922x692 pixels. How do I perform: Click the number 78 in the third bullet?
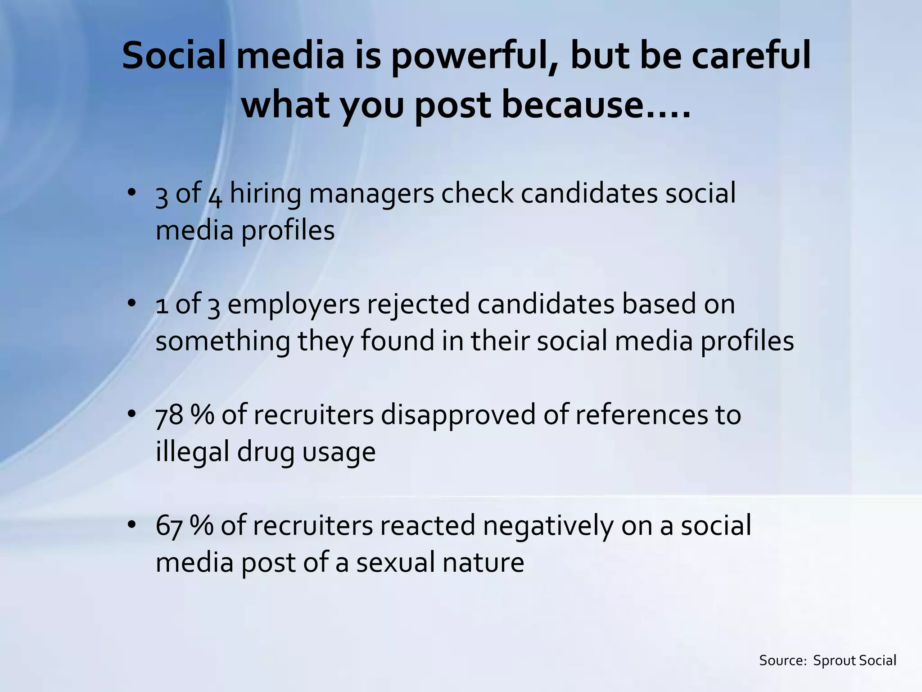point(169,415)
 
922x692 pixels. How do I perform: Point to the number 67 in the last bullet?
point(169,526)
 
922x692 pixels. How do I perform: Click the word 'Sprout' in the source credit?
point(835,660)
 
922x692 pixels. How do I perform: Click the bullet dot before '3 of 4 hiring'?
point(131,192)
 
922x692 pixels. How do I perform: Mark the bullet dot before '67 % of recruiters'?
point(131,525)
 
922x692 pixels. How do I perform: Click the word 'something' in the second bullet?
point(223,341)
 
